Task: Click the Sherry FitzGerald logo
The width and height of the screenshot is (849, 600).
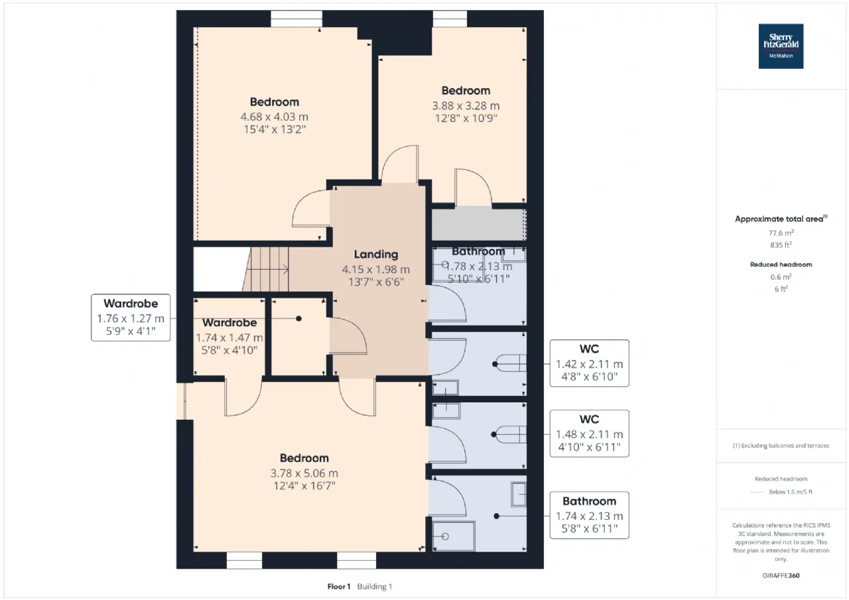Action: [781, 46]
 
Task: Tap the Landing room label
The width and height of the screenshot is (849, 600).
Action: [376, 255]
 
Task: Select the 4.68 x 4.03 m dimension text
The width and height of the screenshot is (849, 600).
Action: [275, 117]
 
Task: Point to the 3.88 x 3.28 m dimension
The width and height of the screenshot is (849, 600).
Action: [466, 105]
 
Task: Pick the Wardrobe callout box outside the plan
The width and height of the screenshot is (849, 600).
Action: [131, 318]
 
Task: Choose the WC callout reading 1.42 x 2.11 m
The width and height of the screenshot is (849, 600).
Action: [590, 363]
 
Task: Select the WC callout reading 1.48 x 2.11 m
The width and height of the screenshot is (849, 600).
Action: [590, 434]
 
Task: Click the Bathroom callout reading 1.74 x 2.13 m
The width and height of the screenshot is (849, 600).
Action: [590, 515]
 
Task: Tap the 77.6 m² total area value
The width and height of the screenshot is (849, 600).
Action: [781, 233]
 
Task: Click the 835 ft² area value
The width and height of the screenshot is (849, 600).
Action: [781, 245]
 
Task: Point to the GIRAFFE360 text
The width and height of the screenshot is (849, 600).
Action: [781, 575]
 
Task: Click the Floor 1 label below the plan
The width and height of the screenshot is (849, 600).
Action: [339, 587]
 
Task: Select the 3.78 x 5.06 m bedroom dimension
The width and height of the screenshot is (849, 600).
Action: [304, 473]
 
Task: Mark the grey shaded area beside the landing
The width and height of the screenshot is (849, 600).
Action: [479, 225]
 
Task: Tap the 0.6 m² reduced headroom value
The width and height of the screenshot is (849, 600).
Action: [781, 277]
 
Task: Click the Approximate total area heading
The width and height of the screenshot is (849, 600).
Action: [781, 219]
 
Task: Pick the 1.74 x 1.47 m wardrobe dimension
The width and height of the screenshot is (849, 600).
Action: [229, 337]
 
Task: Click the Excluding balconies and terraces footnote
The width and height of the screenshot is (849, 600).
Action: [781, 446]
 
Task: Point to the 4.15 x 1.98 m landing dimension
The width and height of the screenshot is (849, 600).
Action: [376, 269]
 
